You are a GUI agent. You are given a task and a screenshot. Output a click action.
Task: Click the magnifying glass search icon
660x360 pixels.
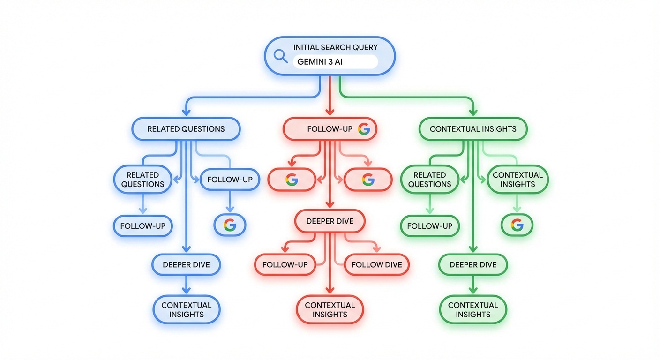280,55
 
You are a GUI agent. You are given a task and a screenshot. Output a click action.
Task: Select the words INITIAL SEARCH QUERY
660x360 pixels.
335,47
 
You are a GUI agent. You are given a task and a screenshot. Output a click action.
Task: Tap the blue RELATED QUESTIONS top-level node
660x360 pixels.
186,129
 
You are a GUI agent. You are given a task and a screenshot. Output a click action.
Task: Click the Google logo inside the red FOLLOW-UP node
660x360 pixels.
364,129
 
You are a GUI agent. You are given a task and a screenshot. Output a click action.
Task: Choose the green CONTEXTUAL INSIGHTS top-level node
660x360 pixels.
472,129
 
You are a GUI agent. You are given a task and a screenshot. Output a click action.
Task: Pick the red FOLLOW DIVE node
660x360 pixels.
376,265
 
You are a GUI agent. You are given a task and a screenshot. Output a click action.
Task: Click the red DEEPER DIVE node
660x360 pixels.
330,221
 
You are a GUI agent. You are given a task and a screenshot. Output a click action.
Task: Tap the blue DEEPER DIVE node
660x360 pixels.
186,265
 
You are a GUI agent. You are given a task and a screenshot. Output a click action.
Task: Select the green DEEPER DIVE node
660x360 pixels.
472,265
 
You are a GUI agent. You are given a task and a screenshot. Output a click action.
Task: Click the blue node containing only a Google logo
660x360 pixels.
230,226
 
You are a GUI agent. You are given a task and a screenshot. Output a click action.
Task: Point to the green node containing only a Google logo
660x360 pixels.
517,226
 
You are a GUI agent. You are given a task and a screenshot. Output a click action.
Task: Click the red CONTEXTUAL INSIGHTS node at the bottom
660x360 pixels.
330,310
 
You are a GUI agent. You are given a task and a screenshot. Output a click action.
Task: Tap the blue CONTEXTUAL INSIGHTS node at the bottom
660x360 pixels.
186,310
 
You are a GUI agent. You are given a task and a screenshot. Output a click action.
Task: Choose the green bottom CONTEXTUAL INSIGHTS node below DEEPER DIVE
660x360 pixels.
472,310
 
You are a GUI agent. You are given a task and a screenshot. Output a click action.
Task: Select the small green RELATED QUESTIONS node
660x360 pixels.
429,180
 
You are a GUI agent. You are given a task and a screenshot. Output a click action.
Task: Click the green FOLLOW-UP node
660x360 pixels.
429,226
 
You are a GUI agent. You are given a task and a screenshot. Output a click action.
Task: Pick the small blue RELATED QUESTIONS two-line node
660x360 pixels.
142,180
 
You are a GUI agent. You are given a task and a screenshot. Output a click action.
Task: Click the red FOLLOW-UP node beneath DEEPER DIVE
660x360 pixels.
285,265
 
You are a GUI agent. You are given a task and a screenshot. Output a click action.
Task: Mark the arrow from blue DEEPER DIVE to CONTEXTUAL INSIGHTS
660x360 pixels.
186,285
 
